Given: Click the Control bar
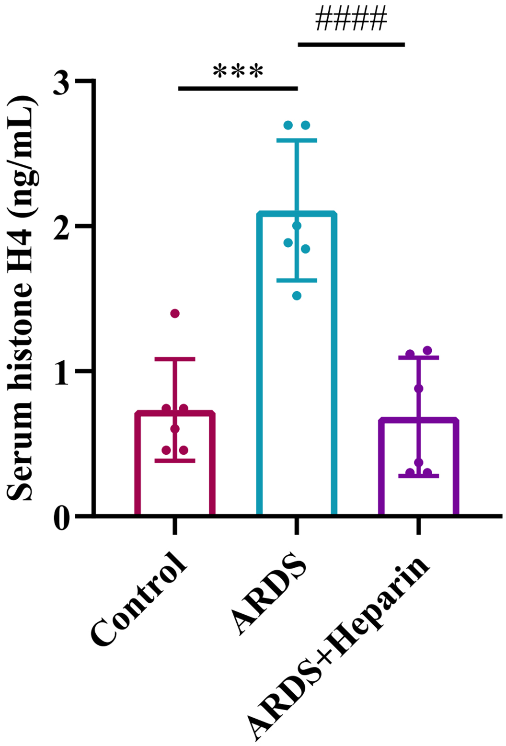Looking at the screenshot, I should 175,462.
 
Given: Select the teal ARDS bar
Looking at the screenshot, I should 297,364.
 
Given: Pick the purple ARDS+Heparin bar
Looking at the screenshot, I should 419,467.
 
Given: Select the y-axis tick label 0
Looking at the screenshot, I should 61,517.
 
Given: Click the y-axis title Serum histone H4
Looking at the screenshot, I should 22,297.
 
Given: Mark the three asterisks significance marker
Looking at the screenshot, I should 238,72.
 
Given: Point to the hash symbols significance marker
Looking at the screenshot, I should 351,20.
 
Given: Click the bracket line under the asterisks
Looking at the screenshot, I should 238,89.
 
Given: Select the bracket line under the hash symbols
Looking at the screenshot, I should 351,45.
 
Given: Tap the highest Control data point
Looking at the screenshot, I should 175,313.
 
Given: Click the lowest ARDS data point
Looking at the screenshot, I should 297,296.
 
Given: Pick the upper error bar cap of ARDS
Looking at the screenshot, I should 297,140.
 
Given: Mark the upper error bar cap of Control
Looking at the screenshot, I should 175,359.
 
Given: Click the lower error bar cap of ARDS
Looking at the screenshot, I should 297,280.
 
